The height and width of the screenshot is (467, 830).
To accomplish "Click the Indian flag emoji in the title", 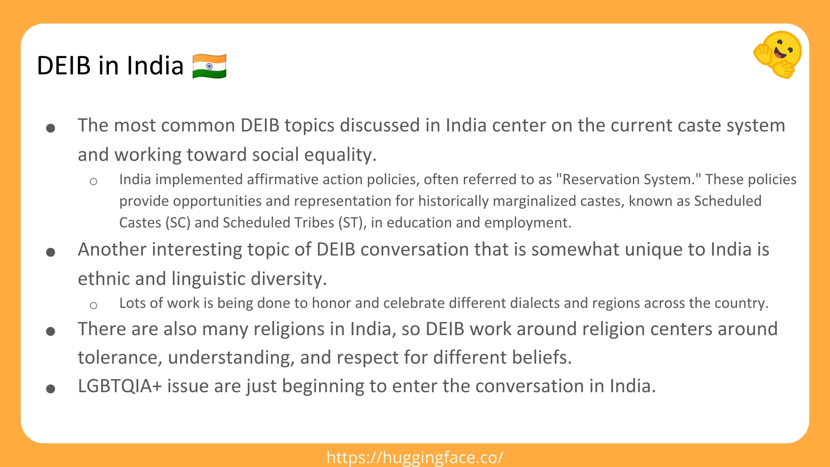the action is pos(209,66).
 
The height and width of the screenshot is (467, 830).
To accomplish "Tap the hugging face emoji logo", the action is pos(778,54).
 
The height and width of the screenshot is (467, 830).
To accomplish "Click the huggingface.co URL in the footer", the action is pos(415,457).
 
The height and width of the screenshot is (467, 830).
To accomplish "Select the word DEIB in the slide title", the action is pos(64,66).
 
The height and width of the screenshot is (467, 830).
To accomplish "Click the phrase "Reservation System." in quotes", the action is pos(629,179).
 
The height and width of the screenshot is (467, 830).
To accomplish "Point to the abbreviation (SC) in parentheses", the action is pos(178,222).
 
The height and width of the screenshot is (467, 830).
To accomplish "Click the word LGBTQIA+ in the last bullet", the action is pos(120,386).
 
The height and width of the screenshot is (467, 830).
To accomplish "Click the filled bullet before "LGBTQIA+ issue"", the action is pos(51,388).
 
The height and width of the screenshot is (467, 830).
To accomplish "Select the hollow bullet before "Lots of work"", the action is pos(93,305).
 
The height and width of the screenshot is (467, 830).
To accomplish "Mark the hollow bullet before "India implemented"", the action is pos(93,181).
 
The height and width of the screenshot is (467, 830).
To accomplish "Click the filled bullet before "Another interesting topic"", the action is pos(51,252).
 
